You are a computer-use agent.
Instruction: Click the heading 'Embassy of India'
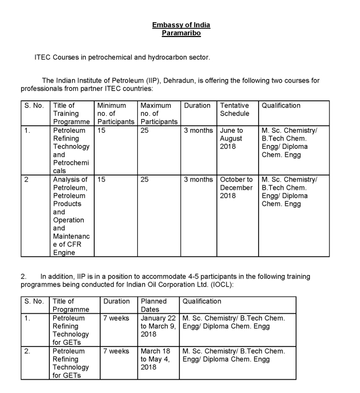pos(181,25)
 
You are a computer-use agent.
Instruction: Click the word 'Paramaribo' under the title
pos(181,33)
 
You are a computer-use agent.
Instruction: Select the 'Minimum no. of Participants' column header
pos(115,113)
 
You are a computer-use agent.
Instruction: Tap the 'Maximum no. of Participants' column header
pos(159,113)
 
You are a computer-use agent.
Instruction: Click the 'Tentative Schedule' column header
pos(235,110)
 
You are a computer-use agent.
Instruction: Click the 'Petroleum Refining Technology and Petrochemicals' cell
pos(71,151)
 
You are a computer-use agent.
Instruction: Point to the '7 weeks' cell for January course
pos(116,318)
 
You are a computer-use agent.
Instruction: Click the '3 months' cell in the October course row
pos(198,179)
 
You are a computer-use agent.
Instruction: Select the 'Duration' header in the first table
pos(197,105)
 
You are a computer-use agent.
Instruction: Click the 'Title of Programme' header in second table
pos(71,305)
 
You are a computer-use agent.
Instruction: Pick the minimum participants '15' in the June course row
pos(101,131)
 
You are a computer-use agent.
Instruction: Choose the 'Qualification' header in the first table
pos(281,105)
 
